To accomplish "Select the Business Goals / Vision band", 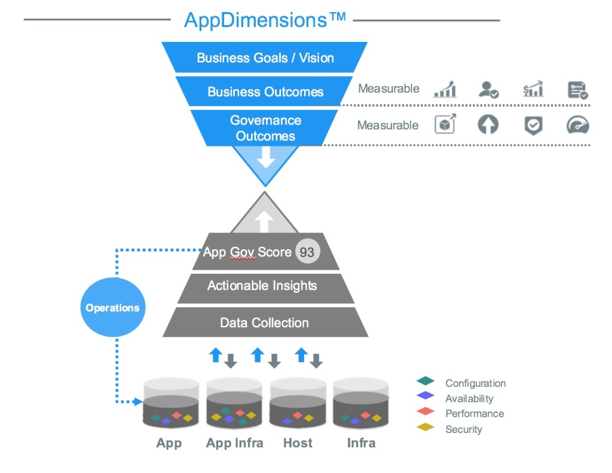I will (265, 58).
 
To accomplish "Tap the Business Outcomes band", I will (265, 92).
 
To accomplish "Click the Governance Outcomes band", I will (265, 128).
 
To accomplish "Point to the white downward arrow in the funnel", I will (265, 157).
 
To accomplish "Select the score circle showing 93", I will (307, 252).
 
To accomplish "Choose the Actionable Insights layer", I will (262, 286).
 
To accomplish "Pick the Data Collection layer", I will (264, 323).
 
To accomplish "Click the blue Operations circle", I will (112, 308).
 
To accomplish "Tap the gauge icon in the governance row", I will (577, 125).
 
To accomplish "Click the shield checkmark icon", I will (533, 125).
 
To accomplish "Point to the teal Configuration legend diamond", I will (425, 381).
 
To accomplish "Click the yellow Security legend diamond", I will (425, 428).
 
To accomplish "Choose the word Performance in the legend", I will (475, 414).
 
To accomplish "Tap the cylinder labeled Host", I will (298, 404).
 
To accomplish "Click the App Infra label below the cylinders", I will (234, 443).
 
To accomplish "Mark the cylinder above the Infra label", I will (360, 404).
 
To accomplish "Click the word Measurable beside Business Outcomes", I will (388, 89).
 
